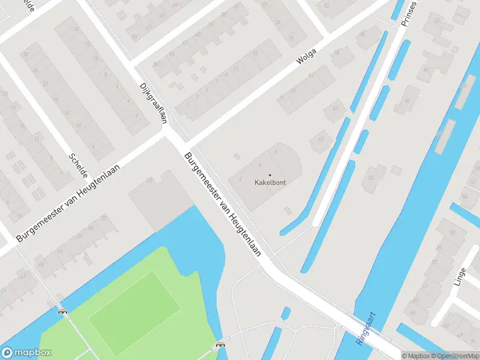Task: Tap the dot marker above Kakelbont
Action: click(x=269, y=175)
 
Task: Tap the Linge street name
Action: click(x=460, y=277)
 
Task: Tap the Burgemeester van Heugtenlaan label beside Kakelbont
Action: click(x=223, y=205)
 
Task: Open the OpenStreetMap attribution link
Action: click(x=458, y=355)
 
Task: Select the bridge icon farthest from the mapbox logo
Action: click(x=220, y=346)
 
